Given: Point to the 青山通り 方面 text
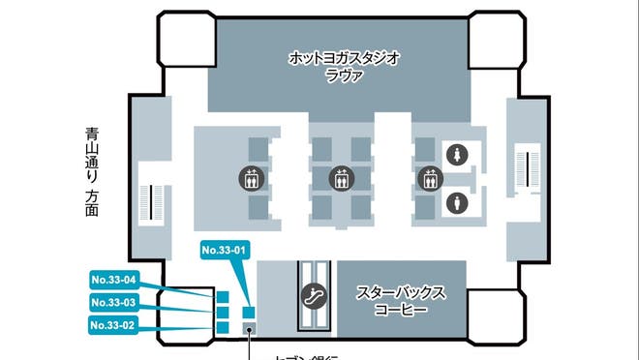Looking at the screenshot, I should coord(92,173).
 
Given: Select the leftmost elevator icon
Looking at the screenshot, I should coord(252,178).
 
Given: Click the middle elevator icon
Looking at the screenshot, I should coord(339,178).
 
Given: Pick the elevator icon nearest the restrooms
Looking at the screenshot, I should coord(428,178).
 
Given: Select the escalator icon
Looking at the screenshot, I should coord(314,296).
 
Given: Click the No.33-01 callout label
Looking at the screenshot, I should coord(226,251).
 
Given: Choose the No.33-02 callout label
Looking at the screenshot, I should coord(113,325).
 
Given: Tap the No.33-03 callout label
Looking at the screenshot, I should coord(113,303).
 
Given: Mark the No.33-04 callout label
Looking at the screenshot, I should coord(113,281).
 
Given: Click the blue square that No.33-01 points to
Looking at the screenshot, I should coord(249,313).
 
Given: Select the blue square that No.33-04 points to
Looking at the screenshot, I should coord(223,297).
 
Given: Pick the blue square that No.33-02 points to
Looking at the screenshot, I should coord(223,328).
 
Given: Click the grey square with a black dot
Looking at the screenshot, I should coord(249,330).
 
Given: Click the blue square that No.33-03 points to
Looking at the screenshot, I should coord(223,313).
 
